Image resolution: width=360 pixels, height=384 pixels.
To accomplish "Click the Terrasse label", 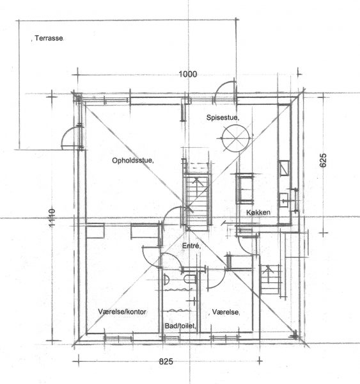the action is [x=49, y=38].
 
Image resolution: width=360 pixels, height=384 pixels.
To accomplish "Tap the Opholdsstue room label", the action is [x=133, y=161].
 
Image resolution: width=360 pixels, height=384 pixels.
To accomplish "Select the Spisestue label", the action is [x=223, y=118].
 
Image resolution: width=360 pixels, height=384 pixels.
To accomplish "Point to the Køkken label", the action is [x=258, y=212].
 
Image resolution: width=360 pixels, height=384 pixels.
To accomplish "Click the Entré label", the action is [x=191, y=246].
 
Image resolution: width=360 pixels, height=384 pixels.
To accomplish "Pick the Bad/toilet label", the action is [x=180, y=326].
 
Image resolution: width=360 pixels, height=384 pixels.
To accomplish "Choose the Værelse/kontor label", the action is [x=122, y=312].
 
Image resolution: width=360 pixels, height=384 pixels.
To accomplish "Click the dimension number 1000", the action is [x=188, y=74].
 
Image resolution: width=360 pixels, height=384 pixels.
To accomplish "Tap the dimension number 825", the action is [x=166, y=362].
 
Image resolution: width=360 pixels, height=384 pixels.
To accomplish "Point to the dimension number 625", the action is [x=323, y=160].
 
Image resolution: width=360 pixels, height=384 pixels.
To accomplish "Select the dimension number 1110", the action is [x=52, y=218].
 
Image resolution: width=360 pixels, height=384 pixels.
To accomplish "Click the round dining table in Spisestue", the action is [x=236, y=138].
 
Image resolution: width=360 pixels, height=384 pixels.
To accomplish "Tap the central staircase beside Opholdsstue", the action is [x=198, y=201].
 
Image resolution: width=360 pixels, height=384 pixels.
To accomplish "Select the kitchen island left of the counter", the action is [x=245, y=188].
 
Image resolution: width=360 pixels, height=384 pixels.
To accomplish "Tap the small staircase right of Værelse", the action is [x=270, y=279].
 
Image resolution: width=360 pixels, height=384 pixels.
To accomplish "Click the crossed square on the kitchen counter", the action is [x=285, y=168].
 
